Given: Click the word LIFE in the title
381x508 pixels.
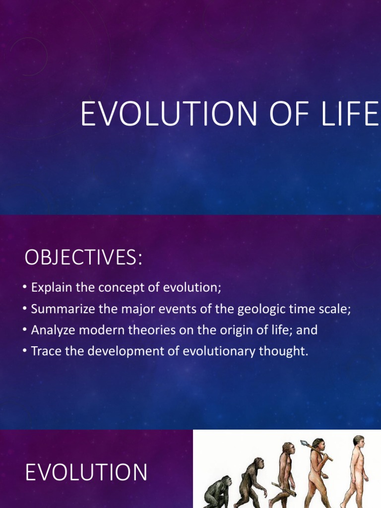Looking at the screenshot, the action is pyautogui.click(x=350, y=114).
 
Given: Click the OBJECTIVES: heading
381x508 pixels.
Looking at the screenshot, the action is pyautogui.click(x=83, y=257).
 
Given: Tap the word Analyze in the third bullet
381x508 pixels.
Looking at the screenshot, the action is pyautogui.click(x=53, y=330).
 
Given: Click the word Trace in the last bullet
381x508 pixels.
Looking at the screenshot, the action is pyautogui.click(x=46, y=351).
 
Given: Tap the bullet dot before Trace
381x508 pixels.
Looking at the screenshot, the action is pyautogui.click(x=25, y=351).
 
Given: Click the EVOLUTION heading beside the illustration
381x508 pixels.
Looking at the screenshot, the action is pyautogui.click(x=86, y=472).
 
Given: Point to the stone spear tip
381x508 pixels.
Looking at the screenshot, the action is pyautogui.click(x=304, y=443).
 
